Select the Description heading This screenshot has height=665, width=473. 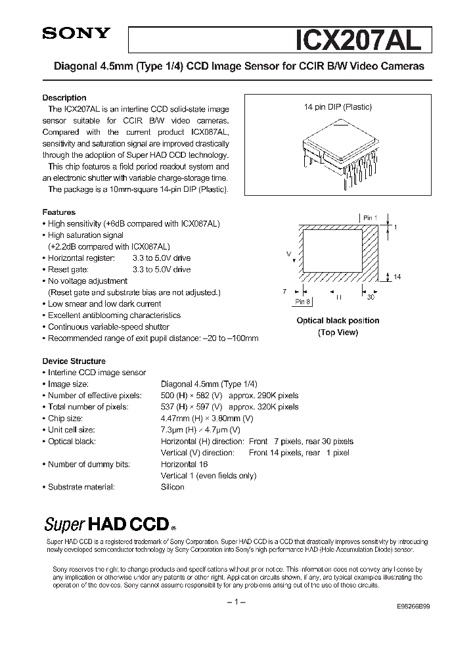64,98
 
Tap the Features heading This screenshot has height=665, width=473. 59,212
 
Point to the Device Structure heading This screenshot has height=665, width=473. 74,361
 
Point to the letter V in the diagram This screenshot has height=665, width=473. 289,253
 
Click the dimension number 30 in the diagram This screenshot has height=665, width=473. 371,297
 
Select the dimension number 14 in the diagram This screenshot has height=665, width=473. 397,277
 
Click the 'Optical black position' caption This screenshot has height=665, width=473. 338,321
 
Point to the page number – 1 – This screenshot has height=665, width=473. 236,603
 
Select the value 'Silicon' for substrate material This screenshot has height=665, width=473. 173,487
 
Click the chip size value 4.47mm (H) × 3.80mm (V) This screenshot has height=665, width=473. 207,418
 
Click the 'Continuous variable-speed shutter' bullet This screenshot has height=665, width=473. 108,327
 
